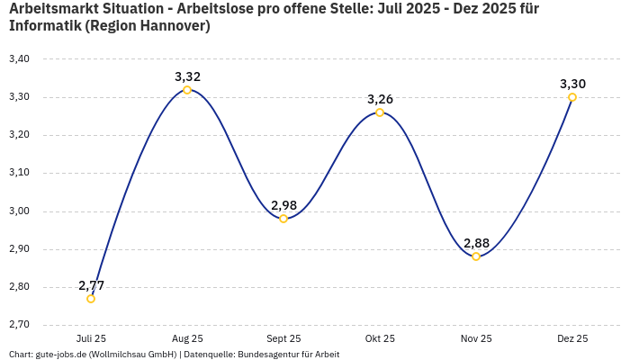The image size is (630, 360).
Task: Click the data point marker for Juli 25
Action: (x=91, y=299)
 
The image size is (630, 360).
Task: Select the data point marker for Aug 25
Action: (x=187, y=90)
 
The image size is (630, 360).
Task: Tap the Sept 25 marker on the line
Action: (x=283, y=219)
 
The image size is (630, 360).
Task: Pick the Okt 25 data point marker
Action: (x=380, y=112)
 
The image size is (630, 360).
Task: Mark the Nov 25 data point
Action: (x=476, y=256)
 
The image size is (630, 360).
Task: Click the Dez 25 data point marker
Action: (x=572, y=97)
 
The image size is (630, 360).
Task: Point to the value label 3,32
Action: (x=187, y=76)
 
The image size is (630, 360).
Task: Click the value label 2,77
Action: (x=91, y=285)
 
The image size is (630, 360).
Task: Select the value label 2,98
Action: (x=283, y=205)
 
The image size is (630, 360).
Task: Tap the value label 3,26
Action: (x=380, y=99)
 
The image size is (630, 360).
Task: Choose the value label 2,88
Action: (x=476, y=243)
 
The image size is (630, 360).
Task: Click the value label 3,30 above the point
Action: (x=572, y=84)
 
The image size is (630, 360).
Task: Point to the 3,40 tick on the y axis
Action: (x=19, y=59)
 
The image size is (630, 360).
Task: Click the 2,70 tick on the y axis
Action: (x=19, y=325)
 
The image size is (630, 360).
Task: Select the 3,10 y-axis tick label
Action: (x=19, y=173)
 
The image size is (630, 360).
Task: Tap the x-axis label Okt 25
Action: (x=380, y=338)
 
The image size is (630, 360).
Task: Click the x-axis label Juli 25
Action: (x=91, y=338)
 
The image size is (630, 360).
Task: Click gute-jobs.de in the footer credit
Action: (x=62, y=354)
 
